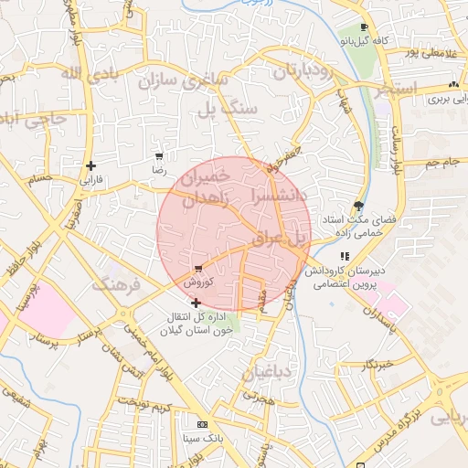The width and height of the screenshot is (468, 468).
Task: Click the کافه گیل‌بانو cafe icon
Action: pyautogui.click(x=366, y=27)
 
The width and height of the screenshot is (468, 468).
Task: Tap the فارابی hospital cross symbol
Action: pyautogui.click(x=90, y=165)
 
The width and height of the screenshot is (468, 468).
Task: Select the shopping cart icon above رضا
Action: pyautogui.click(x=159, y=156)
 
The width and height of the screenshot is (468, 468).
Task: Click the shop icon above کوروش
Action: pyautogui.click(x=198, y=269)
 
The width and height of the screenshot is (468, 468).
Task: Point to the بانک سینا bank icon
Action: pyautogui.click(x=201, y=425)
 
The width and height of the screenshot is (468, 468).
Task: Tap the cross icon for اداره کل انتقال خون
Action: pyautogui.click(x=197, y=302)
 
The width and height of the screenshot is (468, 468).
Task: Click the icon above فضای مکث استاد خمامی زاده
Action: pyautogui.click(x=357, y=206)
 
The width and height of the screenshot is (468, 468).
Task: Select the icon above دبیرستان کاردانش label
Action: pyautogui.click(x=345, y=257)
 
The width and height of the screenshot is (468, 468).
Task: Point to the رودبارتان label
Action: pyautogui.click(x=290, y=72)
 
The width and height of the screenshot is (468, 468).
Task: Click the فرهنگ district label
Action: pyautogui.click(x=118, y=286)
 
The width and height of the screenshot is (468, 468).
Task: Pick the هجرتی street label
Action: pyautogui.click(x=259, y=399)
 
